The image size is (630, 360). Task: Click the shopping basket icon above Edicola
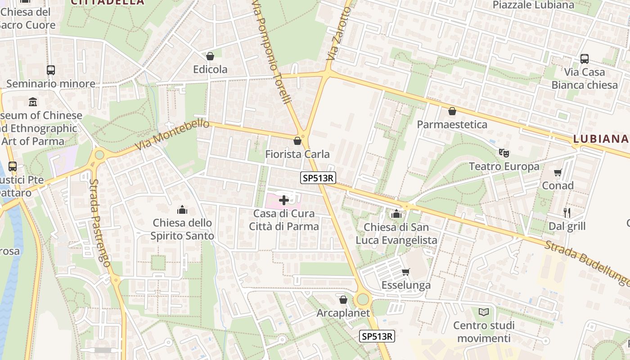[210, 56]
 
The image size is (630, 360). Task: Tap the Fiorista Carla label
[297, 154]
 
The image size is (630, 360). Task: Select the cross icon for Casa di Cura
[284, 200]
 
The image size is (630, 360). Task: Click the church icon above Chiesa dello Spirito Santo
[182, 210]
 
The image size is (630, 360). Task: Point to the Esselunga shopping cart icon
[405, 272]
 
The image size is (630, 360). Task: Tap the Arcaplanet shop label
[343, 313]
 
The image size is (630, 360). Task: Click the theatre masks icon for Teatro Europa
[504, 153]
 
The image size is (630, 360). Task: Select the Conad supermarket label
[558, 185]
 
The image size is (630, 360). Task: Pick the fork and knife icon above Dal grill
[567, 212]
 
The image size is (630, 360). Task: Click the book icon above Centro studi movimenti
[484, 312]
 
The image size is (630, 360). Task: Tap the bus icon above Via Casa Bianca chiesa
[585, 59]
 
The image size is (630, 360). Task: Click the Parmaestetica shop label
[452, 124]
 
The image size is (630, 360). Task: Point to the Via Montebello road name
[172, 135]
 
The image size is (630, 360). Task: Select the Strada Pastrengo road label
[100, 223]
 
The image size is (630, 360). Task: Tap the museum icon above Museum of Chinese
[33, 102]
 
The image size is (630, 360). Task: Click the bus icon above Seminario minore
[50, 70]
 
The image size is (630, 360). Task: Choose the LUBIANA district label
[601, 139]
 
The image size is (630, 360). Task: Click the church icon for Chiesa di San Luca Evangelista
[396, 214]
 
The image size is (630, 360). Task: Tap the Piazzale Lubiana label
[533, 5]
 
